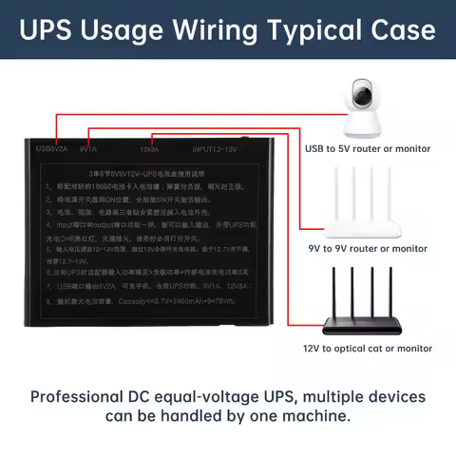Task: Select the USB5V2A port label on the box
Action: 52,147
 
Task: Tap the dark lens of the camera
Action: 363,93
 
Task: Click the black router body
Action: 367,324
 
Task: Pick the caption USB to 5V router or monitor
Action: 367,148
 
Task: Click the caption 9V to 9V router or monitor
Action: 367,248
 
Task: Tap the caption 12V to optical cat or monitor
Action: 367,349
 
